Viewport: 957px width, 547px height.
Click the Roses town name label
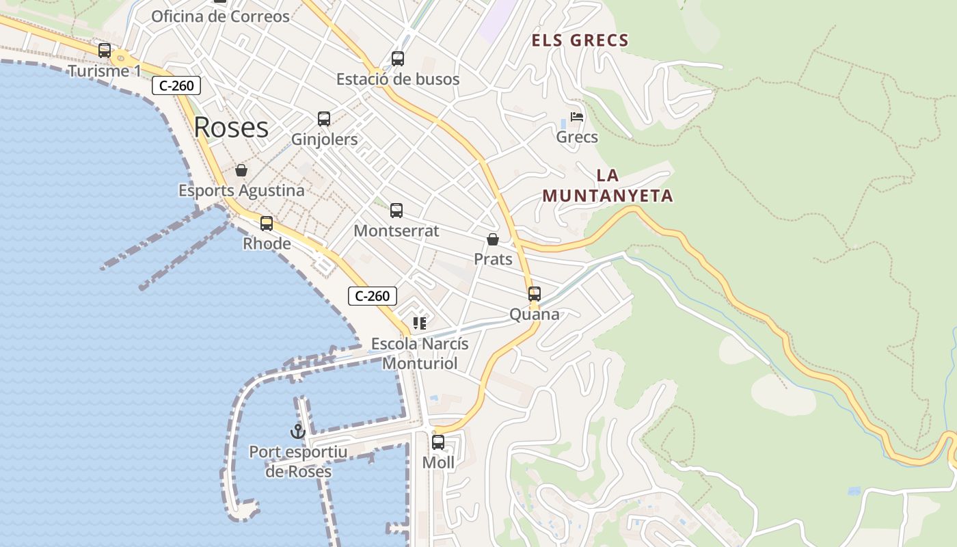(x=231, y=127)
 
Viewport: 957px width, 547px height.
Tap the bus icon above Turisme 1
(x=105, y=50)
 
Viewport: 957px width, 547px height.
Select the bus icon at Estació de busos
(x=398, y=59)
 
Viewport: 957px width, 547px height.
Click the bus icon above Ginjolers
(x=324, y=119)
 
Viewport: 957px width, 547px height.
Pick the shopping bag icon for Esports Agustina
(x=241, y=170)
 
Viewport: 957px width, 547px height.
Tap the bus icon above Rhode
(x=267, y=223)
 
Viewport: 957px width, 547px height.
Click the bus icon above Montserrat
(x=396, y=211)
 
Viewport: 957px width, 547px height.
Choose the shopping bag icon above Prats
(x=493, y=239)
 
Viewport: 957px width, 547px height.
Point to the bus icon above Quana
(x=535, y=294)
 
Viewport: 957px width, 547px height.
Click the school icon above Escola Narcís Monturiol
(x=420, y=323)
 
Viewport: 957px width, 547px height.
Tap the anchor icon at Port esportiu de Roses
(x=297, y=431)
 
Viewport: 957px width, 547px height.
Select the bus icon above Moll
(x=438, y=442)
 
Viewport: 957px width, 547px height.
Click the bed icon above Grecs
(x=577, y=117)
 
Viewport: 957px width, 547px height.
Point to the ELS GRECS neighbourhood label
(x=580, y=40)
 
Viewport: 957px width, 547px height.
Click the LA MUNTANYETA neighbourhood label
(x=608, y=186)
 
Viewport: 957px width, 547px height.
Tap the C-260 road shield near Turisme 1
(x=176, y=85)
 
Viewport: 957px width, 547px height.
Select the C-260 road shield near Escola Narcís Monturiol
(x=373, y=296)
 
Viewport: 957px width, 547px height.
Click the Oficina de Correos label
(x=220, y=16)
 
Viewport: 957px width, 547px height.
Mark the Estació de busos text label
(x=398, y=79)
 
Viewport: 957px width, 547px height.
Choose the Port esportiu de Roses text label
(x=298, y=462)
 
